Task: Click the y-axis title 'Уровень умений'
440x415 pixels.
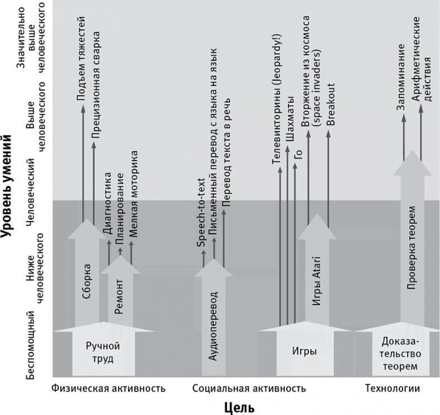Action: tap(8, 190)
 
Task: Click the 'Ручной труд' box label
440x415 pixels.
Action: tap(103, 352)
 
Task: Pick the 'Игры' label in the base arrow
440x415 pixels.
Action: tap(305, 352)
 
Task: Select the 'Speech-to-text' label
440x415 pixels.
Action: tap(202, 217)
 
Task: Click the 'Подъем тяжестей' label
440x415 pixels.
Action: tap(81, 58)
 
